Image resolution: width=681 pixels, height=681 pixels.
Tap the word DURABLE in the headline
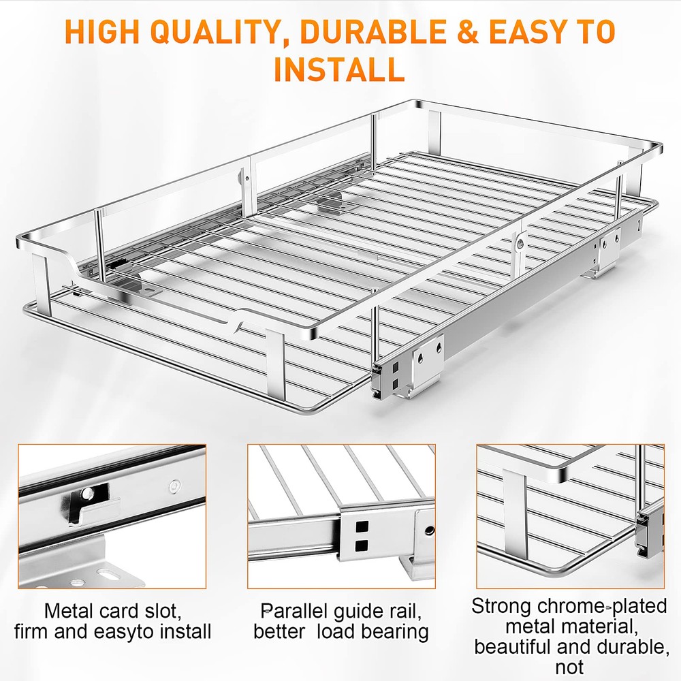pyautogui.click(x=373, y=32)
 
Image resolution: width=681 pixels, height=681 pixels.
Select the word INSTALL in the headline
pyautogui.click(x=340, y=69)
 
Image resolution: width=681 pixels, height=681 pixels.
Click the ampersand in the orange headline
pyautogui.click(x=467, y=32)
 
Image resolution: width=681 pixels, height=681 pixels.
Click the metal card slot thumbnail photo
pyautogui.click(x=112, y=516)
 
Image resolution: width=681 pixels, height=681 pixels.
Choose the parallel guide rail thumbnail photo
pyautogui.click(x=341, y=516)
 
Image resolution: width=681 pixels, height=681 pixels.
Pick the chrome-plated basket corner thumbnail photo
pyautogui.click(x=570, y=516)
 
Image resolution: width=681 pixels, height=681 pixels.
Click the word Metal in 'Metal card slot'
pyautogui.click(x=69, y=611)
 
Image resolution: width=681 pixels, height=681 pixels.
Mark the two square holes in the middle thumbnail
pyautogui.click(x=362, y=536)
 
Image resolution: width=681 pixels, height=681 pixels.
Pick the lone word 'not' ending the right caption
pyautogui.click(x=569, y=667)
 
